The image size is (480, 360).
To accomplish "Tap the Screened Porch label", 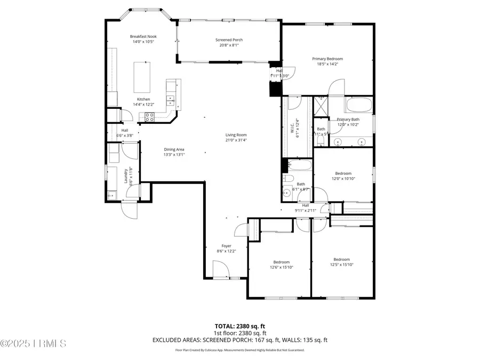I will click(x=229, y=43).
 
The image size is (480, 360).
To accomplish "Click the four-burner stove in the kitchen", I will click(x=150, y=118).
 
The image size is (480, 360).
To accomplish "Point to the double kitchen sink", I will click(x=171, y=99).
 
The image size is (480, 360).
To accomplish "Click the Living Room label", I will click(x=236, y=138).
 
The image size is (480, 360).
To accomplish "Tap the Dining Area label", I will click(x=174, y=152).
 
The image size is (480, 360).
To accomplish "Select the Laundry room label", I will click(x=126, y=175).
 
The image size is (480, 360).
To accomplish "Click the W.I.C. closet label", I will click(x=292, y=128).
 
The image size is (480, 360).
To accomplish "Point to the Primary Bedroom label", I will click(x=327, y=61).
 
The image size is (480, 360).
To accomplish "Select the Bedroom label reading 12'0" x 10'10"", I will click(x=343, y=175).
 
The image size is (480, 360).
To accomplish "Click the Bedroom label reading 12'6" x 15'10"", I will click(x=281, y=265).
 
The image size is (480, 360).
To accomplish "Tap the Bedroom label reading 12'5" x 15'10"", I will click(x=341, y=262).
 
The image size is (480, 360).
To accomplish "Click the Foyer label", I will click(x=226, y=248).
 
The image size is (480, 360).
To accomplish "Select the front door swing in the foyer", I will click(x=219, y=269).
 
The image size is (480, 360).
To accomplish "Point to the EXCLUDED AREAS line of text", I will click(x=239, y=340).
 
